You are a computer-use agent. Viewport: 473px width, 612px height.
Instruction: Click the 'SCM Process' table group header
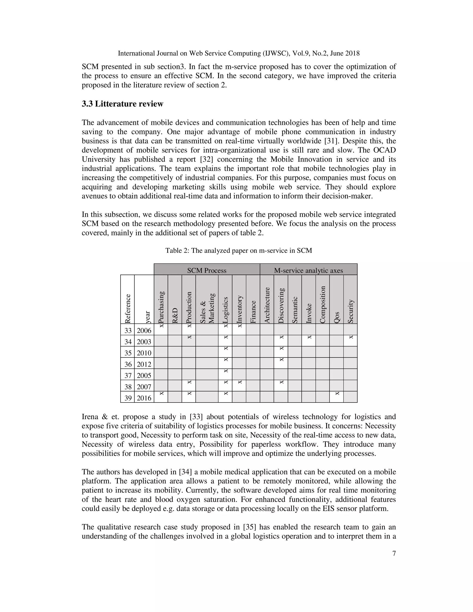point(206,270)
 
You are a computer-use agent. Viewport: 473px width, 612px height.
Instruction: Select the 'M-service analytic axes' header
point(308,270)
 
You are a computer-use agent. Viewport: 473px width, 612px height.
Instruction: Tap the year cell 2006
point(144,330)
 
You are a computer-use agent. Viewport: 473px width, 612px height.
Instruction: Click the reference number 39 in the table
point(128,398)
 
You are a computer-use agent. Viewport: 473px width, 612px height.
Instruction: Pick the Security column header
point(350,311)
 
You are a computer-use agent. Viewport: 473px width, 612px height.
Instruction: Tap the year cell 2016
point(144,398)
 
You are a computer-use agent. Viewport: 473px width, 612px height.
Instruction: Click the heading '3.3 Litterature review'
point(122,104)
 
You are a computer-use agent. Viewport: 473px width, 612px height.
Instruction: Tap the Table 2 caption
point(238,251)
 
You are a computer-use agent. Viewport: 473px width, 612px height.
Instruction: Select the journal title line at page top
point(238,53)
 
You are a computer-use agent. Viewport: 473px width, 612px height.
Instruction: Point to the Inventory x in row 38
point(240,382)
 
